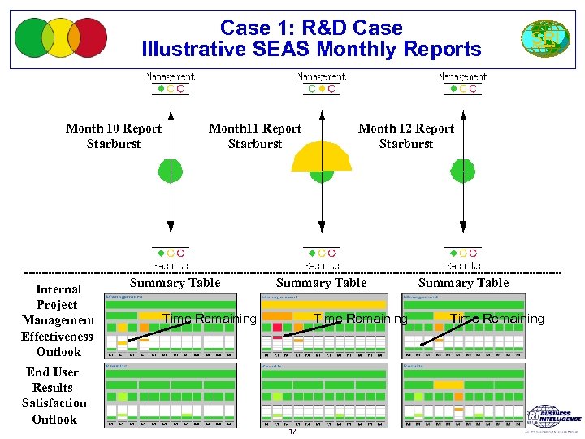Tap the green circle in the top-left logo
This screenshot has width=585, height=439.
pos(32,37)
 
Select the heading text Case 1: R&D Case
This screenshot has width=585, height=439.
pos(311,28)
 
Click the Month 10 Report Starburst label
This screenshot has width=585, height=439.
pos(114,136)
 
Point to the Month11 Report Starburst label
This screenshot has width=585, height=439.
pos(255,136)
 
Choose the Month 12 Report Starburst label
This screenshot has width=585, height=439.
pos(406,136)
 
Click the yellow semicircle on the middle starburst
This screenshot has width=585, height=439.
pos(323,157)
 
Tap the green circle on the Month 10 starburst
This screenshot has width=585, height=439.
pos(171,171)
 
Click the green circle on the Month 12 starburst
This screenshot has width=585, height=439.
pos(463,171)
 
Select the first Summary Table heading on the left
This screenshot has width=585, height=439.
pos(175,283)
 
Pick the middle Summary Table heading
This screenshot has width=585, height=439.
pos(321,283)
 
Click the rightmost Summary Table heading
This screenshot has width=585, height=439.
pos(463,283)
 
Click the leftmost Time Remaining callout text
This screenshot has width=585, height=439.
pos(210,319)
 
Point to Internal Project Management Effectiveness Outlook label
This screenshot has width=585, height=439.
pos(58,320)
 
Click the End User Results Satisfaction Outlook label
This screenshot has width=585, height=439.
pos(54,396)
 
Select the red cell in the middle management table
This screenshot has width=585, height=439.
pos(277,328)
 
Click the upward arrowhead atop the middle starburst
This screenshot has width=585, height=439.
pos(323,115)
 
